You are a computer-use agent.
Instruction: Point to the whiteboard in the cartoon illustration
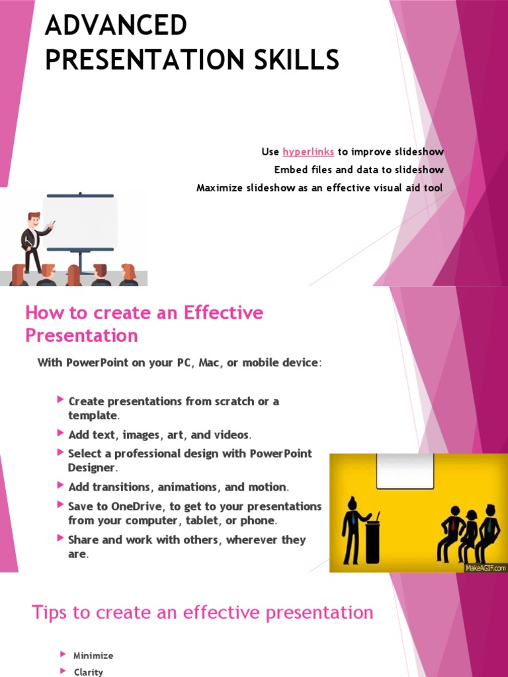coord(80,221)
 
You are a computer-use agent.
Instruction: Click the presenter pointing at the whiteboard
coord(32,241)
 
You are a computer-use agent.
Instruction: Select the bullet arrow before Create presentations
coord(61,400)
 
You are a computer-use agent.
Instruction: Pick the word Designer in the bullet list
coord(92,467)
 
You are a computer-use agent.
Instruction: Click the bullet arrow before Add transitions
coord(61,486)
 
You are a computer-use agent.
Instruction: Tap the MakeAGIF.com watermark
coord(486,567)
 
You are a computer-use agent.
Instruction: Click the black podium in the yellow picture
coord(372,541)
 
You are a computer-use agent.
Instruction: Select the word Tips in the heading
coord(49,612)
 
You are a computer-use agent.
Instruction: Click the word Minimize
coord(93,656)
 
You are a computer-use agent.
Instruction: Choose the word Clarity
coord(89,672)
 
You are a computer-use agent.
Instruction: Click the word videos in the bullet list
coord(232,435)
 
